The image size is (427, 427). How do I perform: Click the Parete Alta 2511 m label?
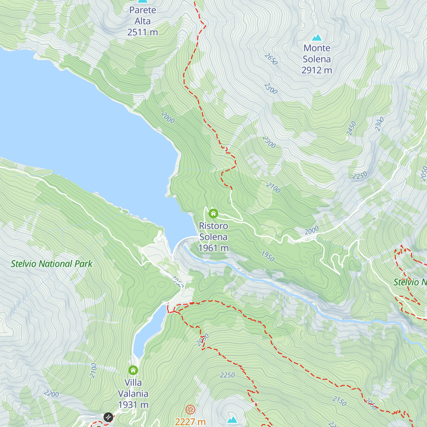click(x=142, y=21)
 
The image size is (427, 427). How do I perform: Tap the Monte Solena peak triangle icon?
click(x=317, y=37)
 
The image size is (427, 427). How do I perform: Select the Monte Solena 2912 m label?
click(x=317, y=59)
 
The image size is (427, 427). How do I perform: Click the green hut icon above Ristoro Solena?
click(x=213, y=213)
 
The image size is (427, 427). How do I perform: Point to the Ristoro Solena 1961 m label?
click(x=213, y=237)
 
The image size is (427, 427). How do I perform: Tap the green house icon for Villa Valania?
click(x=133, y=370)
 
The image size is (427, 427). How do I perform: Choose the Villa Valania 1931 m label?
click(x=133, y=394)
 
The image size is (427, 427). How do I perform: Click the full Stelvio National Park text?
click(x=52, y=264)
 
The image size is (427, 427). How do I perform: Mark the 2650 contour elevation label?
click(x=271, y=59)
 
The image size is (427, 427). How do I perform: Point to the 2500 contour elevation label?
click(x=271, y=89)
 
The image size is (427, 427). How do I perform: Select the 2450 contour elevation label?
click(x=351, y=128)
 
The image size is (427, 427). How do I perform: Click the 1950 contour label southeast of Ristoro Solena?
click(x=268, y=256)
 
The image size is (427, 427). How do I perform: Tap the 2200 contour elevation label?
click(x=51, y=394)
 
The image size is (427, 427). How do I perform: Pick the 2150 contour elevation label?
click(x=339, y=401)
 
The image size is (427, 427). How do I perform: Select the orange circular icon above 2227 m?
click(x=190, y=410)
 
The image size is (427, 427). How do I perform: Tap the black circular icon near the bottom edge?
click(x=108, y=417)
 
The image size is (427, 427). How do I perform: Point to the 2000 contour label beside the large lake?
click(x=168, y=117)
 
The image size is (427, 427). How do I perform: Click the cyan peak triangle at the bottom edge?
click(x=232, y=420)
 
